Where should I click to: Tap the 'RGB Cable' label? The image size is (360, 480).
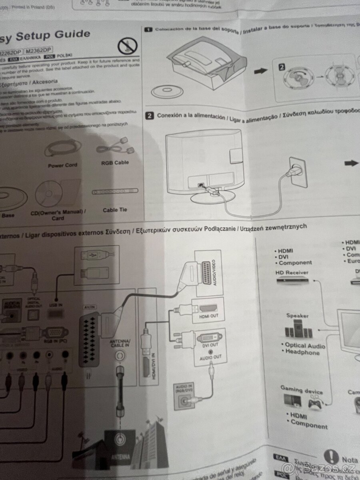(115, 163)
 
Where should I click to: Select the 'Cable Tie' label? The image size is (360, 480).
(115, 210)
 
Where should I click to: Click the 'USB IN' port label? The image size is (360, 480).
(55, 305)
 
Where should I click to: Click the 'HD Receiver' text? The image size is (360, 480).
(291, 272)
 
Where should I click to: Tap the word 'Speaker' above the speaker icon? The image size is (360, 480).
(297, 316)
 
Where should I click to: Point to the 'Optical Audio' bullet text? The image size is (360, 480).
(305, 346)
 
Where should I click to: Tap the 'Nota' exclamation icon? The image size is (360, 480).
(331, 456)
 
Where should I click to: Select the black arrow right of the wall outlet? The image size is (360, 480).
(352, 163)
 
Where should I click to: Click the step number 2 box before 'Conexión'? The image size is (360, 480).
(149, 116)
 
